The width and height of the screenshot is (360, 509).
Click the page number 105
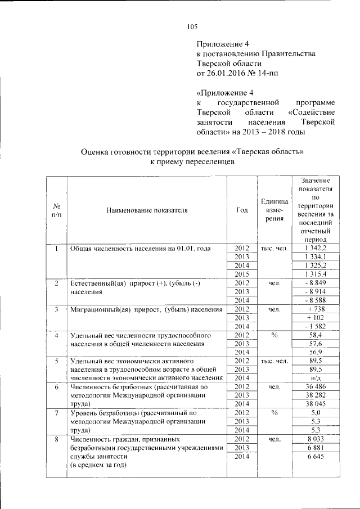coord(192,26)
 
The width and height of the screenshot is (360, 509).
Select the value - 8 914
coord(312,292)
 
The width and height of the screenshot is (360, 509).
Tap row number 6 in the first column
coord(57,387)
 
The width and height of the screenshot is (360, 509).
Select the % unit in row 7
coord(274,413)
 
